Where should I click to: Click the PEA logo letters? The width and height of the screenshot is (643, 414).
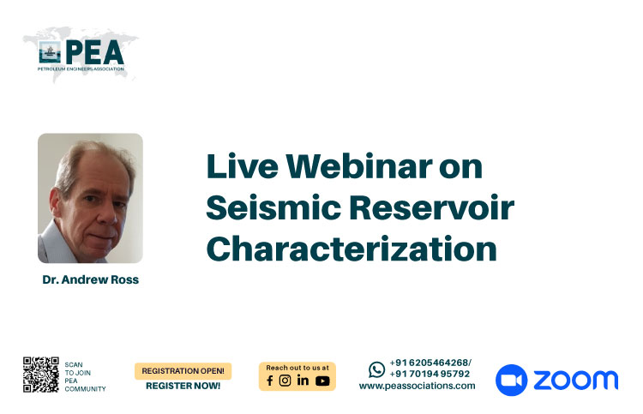94,52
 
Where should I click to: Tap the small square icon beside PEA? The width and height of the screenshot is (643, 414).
50,52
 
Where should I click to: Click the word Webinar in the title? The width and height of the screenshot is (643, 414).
359,166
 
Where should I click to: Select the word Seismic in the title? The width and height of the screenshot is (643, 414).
273,207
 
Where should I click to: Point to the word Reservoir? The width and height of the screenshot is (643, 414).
432,207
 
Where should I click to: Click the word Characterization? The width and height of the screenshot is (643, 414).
352,249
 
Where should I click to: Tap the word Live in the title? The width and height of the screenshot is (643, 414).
243,166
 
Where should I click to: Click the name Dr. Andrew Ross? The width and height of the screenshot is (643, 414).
91,279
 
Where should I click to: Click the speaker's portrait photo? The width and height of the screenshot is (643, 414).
90,198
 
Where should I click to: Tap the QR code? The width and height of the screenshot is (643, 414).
41,375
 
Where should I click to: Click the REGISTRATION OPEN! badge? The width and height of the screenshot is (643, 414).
183,371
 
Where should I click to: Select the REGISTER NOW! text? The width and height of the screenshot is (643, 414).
183,386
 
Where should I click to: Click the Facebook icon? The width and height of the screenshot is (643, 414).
270,381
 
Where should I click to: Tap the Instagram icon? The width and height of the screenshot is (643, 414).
285,381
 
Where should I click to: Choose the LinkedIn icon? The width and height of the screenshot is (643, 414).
303,381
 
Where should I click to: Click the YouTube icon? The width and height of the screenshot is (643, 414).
322,381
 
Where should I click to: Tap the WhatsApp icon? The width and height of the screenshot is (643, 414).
376,369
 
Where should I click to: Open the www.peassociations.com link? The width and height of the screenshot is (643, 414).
417,386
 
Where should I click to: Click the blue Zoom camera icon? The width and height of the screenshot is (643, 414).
511,380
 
